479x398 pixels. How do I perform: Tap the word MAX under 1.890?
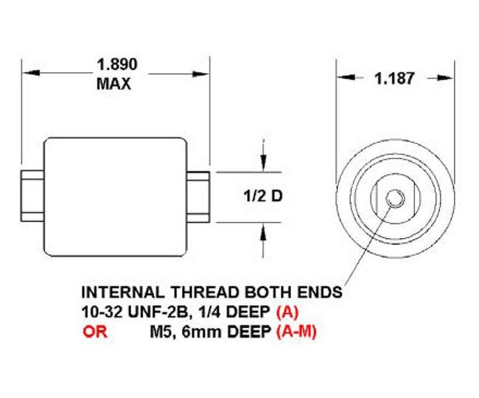[x=114, y=83]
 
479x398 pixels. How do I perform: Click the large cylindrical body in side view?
[x=116, y=196]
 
